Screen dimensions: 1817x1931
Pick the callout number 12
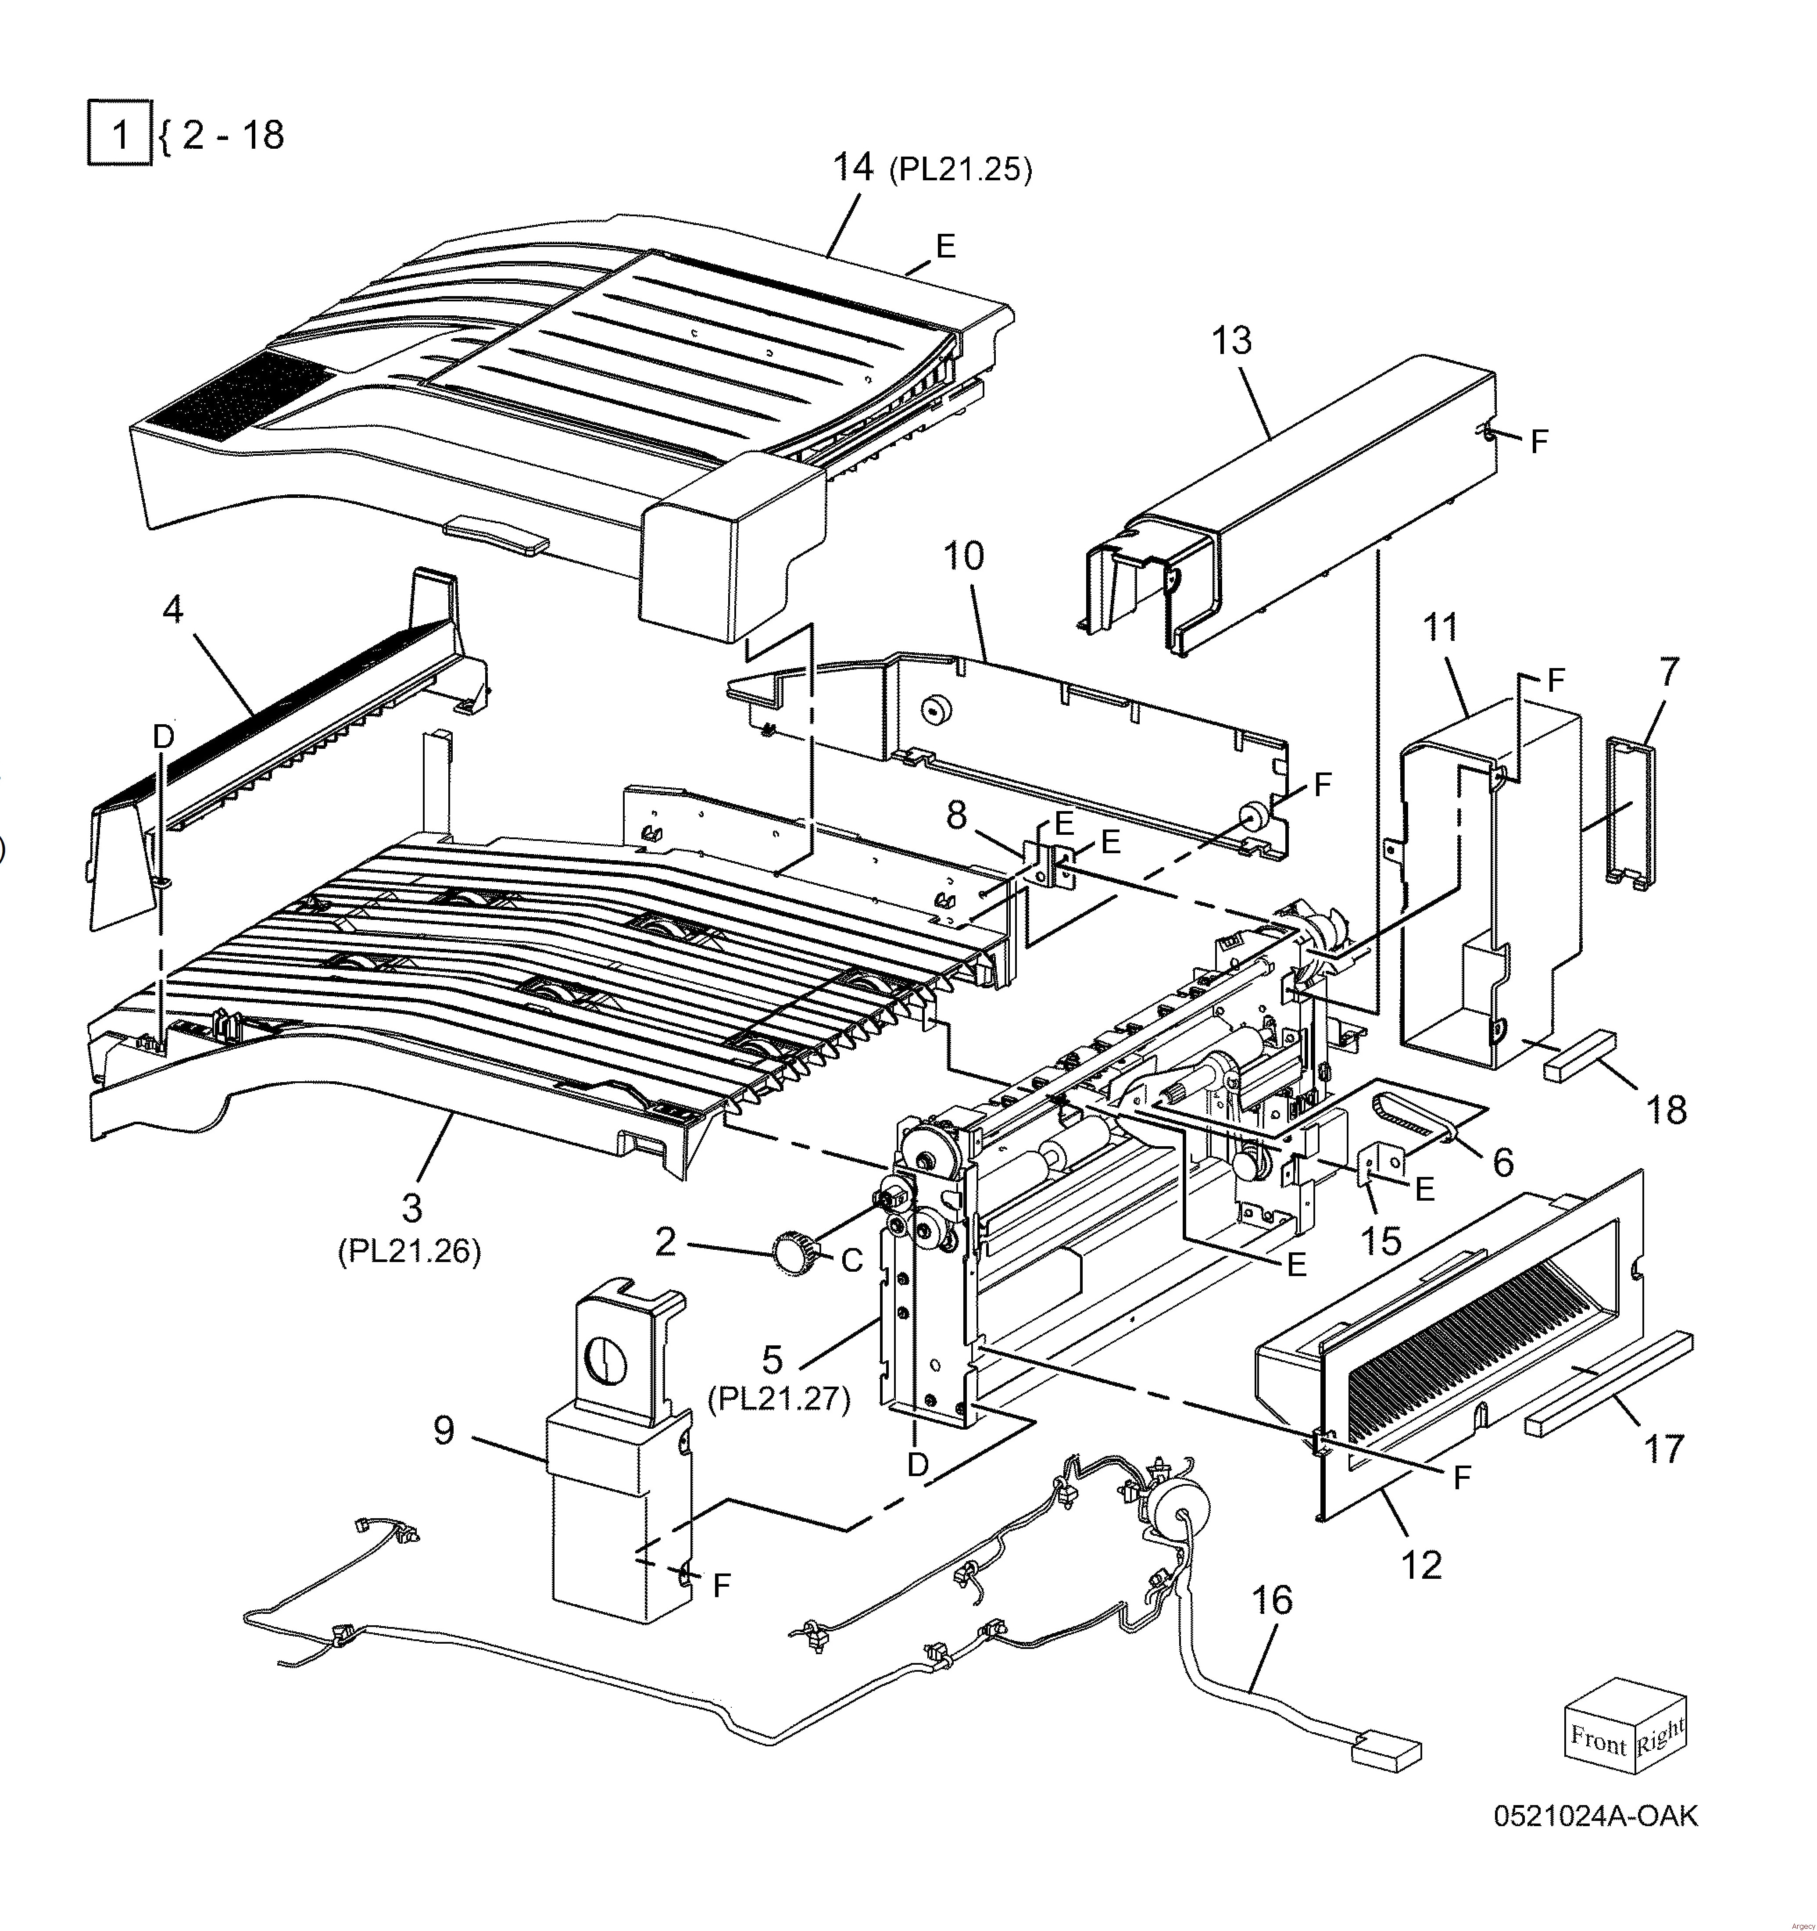1421,1566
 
